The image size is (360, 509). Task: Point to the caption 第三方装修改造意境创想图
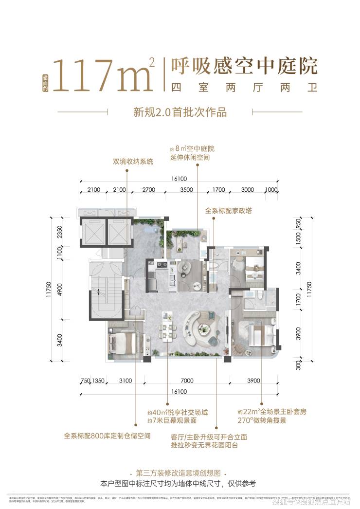pos(180,473)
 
